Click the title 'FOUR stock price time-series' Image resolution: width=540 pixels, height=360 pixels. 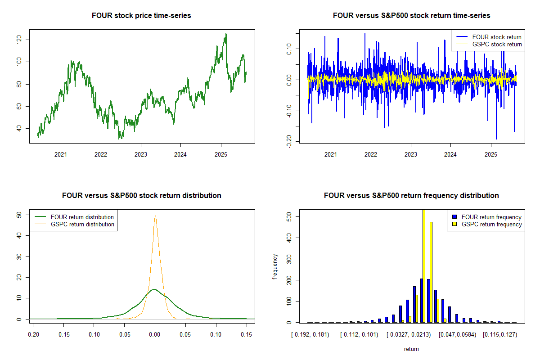click(141, 16)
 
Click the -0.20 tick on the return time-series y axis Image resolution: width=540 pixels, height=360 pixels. click(287, 140)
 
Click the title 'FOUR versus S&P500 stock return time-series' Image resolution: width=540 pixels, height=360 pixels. click(411, 16)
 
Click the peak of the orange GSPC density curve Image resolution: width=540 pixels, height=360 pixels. click(155, 216)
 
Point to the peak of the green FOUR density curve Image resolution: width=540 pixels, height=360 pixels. click(154, 289)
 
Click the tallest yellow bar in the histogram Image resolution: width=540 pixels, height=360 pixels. click(424, 265)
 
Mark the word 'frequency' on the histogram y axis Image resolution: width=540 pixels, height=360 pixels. click(275, 267)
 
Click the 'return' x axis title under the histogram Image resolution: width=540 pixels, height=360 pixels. click(411, 349)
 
